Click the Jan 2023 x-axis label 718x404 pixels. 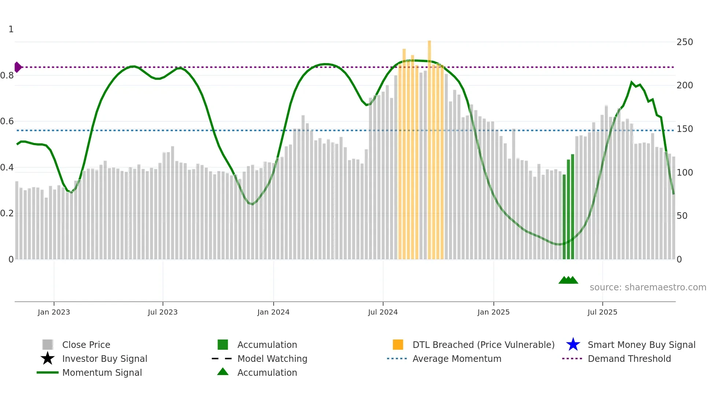click(x=53, y=312)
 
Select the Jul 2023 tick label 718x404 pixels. click(x=163, y=312)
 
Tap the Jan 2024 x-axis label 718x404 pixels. click(x=273, y=312)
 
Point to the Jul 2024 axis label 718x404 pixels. click(x=383, y=312)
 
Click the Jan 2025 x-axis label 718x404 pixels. click(x=493, y=312)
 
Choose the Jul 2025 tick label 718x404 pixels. click(x=602, y=312)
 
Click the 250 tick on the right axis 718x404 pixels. click(x=685, y=42)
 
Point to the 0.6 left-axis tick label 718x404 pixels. click(x=7, y=121)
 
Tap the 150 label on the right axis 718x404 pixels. click(x=685, y=129)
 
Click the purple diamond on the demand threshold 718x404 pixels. click(x=18, y=67)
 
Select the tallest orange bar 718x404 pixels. click(x=429, y=147)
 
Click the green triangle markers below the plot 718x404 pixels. click(x=568, y=280)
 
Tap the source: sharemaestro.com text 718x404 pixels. click(x=648, y=287)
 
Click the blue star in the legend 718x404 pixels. click(x=573, y=345)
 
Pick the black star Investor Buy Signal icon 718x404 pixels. click(x=48, y=359)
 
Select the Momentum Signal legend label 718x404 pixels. click(x=102, y=372)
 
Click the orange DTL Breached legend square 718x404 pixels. click(x=398, y=345)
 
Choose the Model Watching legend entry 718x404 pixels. click(x=272, y=359)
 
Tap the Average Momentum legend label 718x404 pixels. click(x=457, y=359)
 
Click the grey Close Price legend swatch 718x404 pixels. click(x=48, y=345)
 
